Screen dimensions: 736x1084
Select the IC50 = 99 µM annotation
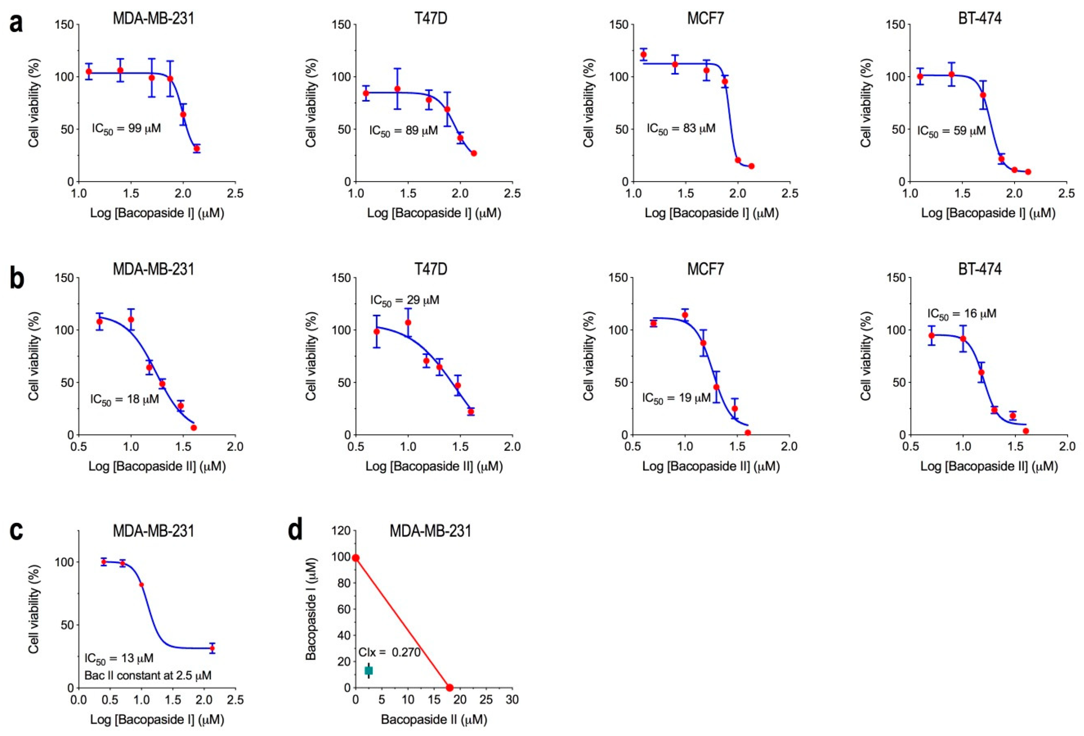[126, 128]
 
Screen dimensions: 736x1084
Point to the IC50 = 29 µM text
[404, 300]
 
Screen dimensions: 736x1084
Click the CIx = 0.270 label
[389, 652]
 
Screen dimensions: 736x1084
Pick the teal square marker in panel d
[368, 671]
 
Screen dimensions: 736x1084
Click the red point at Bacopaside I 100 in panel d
[356, 558]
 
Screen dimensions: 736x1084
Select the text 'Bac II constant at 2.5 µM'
[148, 675]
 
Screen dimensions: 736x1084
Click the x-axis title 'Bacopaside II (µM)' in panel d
[434, 720]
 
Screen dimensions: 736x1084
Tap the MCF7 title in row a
[706, 18]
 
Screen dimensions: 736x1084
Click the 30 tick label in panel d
[512, 700]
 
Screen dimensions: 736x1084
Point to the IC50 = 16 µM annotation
[961, 314]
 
